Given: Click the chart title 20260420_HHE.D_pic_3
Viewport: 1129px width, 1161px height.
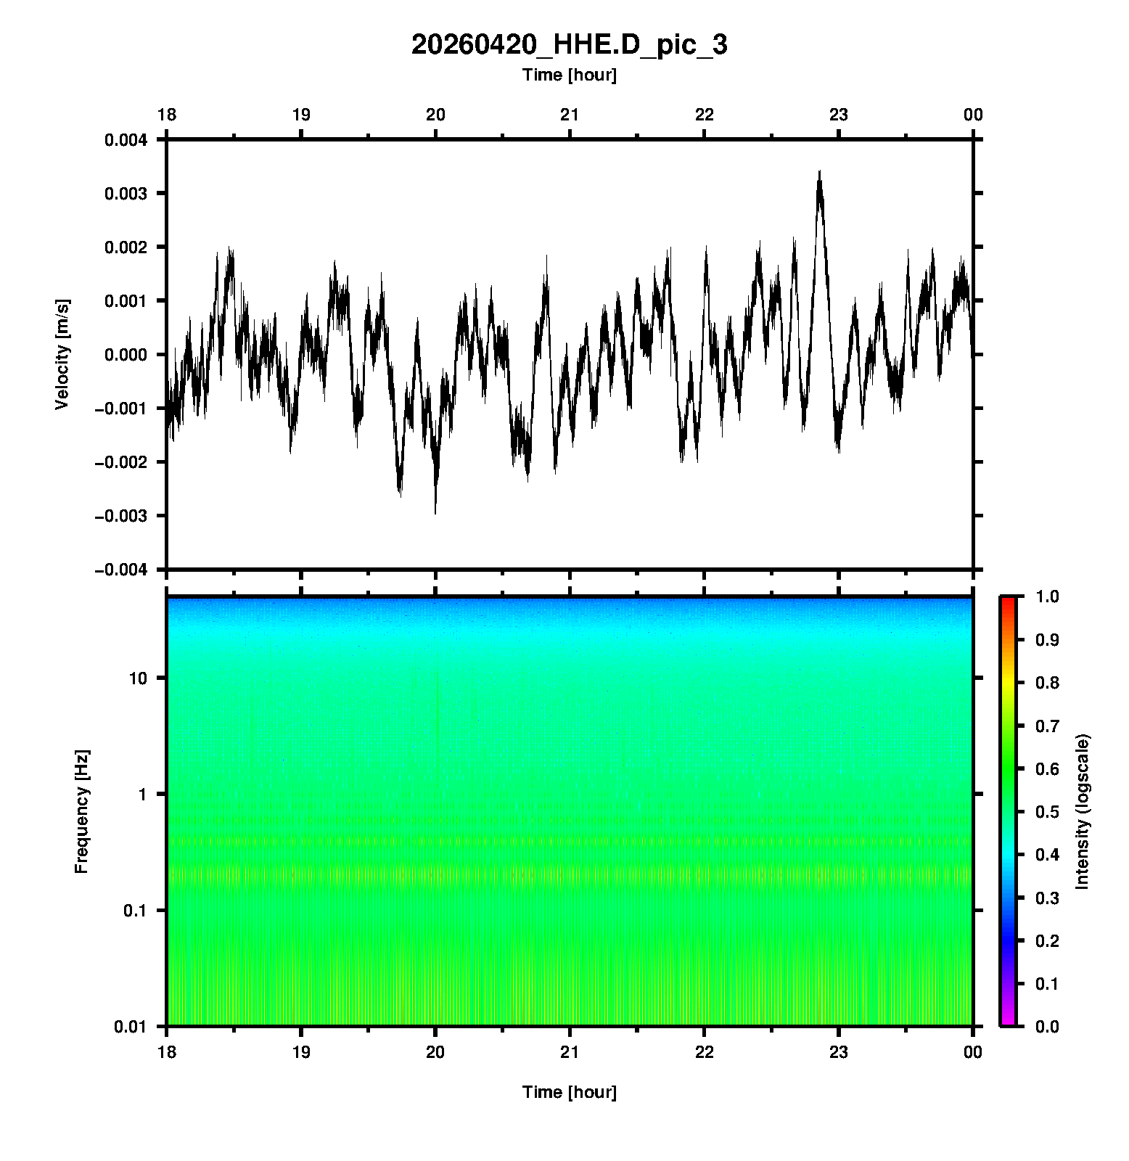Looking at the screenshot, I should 569,45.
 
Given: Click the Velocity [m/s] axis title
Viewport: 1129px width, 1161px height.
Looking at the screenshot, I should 62,354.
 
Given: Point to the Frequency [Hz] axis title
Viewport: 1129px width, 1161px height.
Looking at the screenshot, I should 81,811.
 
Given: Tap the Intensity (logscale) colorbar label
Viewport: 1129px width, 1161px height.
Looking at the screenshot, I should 1083,811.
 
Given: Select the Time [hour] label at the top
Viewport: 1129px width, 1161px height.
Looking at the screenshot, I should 569,75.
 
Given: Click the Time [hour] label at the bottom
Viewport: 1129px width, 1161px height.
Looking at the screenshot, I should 569,1092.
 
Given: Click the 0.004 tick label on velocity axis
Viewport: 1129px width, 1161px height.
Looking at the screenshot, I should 126,140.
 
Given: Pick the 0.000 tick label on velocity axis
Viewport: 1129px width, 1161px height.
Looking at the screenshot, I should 126,355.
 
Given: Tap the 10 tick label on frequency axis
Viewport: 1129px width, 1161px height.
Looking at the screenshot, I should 138,678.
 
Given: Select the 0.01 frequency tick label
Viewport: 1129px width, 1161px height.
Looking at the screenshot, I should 131,1026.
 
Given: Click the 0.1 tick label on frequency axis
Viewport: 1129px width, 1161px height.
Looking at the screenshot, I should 135,911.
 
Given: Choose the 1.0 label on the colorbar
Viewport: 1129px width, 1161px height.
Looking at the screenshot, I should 1048,596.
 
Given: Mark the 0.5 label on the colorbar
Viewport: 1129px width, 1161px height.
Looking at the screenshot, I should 1048,811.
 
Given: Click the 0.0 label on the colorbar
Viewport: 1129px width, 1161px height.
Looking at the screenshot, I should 1048,1026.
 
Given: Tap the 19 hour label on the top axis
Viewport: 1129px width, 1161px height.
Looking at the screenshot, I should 300,115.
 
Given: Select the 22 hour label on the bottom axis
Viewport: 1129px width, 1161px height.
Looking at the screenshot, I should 704,1052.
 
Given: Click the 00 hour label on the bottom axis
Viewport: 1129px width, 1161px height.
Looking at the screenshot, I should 973,1052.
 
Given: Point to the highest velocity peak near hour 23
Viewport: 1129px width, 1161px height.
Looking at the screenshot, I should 819,172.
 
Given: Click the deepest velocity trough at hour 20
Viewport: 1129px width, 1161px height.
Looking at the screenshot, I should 435,512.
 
